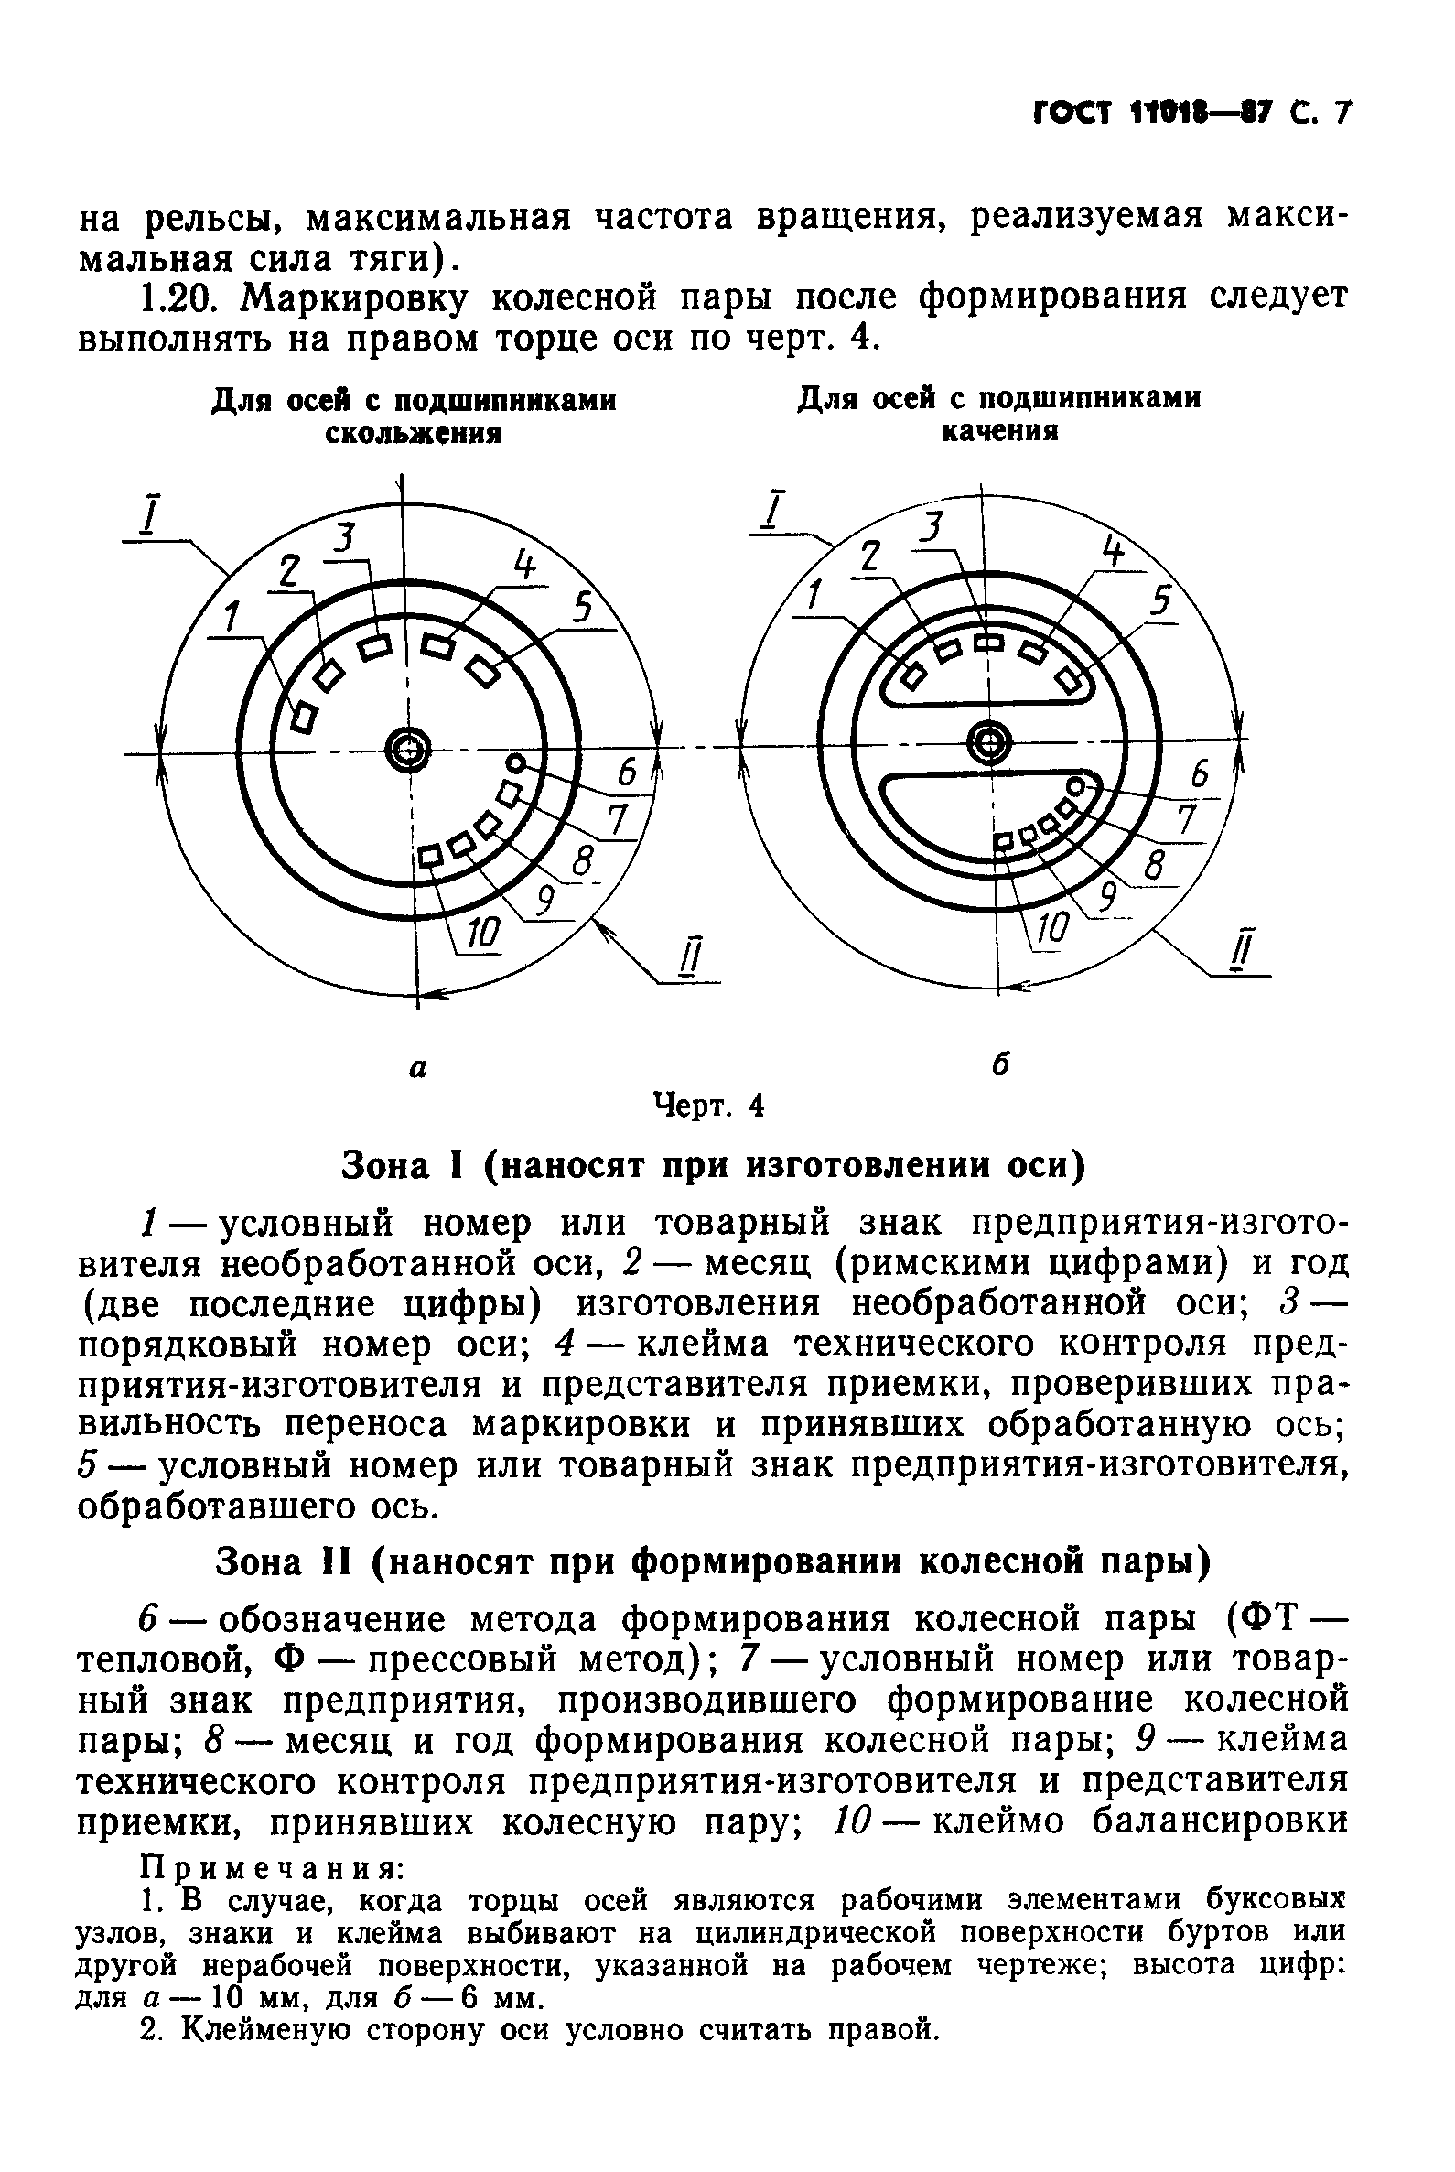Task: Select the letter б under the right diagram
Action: pos(999,1064)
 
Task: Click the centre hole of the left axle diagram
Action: pos(406,747)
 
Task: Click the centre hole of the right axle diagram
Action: pos(989,740)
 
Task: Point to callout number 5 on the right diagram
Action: pos(1160,603)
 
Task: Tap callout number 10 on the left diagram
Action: pos(481,932)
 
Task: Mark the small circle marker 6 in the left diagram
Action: pos(516,763)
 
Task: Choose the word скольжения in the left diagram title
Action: pos(413,434)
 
